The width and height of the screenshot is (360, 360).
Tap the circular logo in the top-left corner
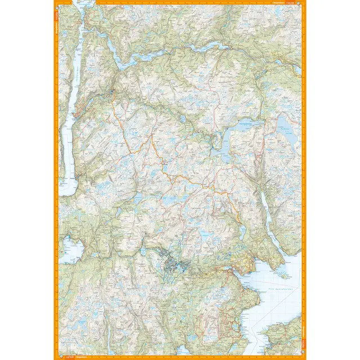click(x=56, y=2)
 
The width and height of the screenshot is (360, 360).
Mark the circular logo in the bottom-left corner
click(x=56, y=357)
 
